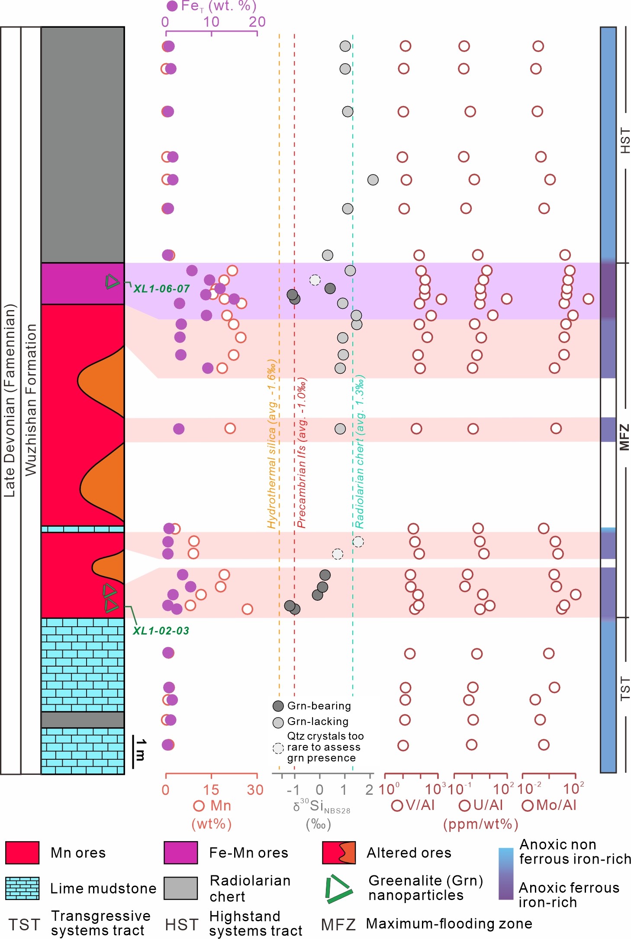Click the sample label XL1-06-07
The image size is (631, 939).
click(x=161, y=288)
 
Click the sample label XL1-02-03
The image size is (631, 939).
click(x=161, y=631)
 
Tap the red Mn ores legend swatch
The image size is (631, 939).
click(x=23, y=853)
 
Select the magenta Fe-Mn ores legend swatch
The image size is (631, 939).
click(x=180, y=853)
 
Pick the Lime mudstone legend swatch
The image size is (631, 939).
click(x=23, y=888)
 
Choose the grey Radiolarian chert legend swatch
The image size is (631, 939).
click(x=180, y=888)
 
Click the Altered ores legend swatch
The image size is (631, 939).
click(x=339, y=853)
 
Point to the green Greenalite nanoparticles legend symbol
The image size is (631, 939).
click(x=339, y=889)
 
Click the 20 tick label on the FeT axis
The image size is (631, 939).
click(x=257, y=22)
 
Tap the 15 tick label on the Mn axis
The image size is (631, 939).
click(x=211, y=790)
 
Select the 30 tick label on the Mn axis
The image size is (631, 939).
click(x=255, y=790)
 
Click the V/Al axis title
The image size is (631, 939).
click(x=413, y=805)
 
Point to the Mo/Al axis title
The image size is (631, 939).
click(x=550, y=805)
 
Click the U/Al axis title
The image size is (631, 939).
click(x=481, y=805)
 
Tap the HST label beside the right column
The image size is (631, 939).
click(x=625, y=140)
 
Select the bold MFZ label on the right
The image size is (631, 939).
click(x=624, y=437)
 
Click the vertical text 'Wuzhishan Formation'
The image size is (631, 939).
click(x=31, y=399)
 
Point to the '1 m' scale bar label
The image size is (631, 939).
click(x=141, y=750)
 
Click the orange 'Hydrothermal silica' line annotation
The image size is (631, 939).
click(x=271, y=444)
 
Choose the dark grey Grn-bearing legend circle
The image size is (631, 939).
click(x=278, y=706)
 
